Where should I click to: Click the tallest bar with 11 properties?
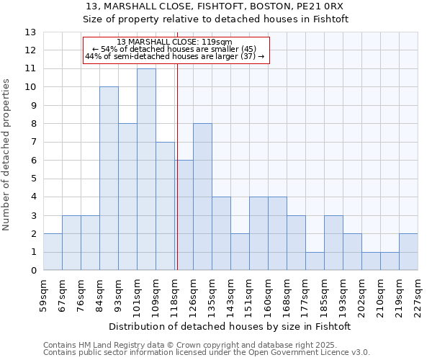pos(146,169)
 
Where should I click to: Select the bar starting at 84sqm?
pos(109,179)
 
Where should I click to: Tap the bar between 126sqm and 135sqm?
pos(202,197)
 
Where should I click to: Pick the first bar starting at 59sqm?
pos(53,252)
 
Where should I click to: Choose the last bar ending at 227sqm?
pos(408,252)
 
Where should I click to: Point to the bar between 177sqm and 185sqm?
pos(315,261)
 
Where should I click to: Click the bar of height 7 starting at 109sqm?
pos(165,206)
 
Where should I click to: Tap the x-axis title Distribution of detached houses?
pos(230,326)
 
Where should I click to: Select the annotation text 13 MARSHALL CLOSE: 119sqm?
pos(174,42)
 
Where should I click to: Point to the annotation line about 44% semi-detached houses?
pos(174,56)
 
